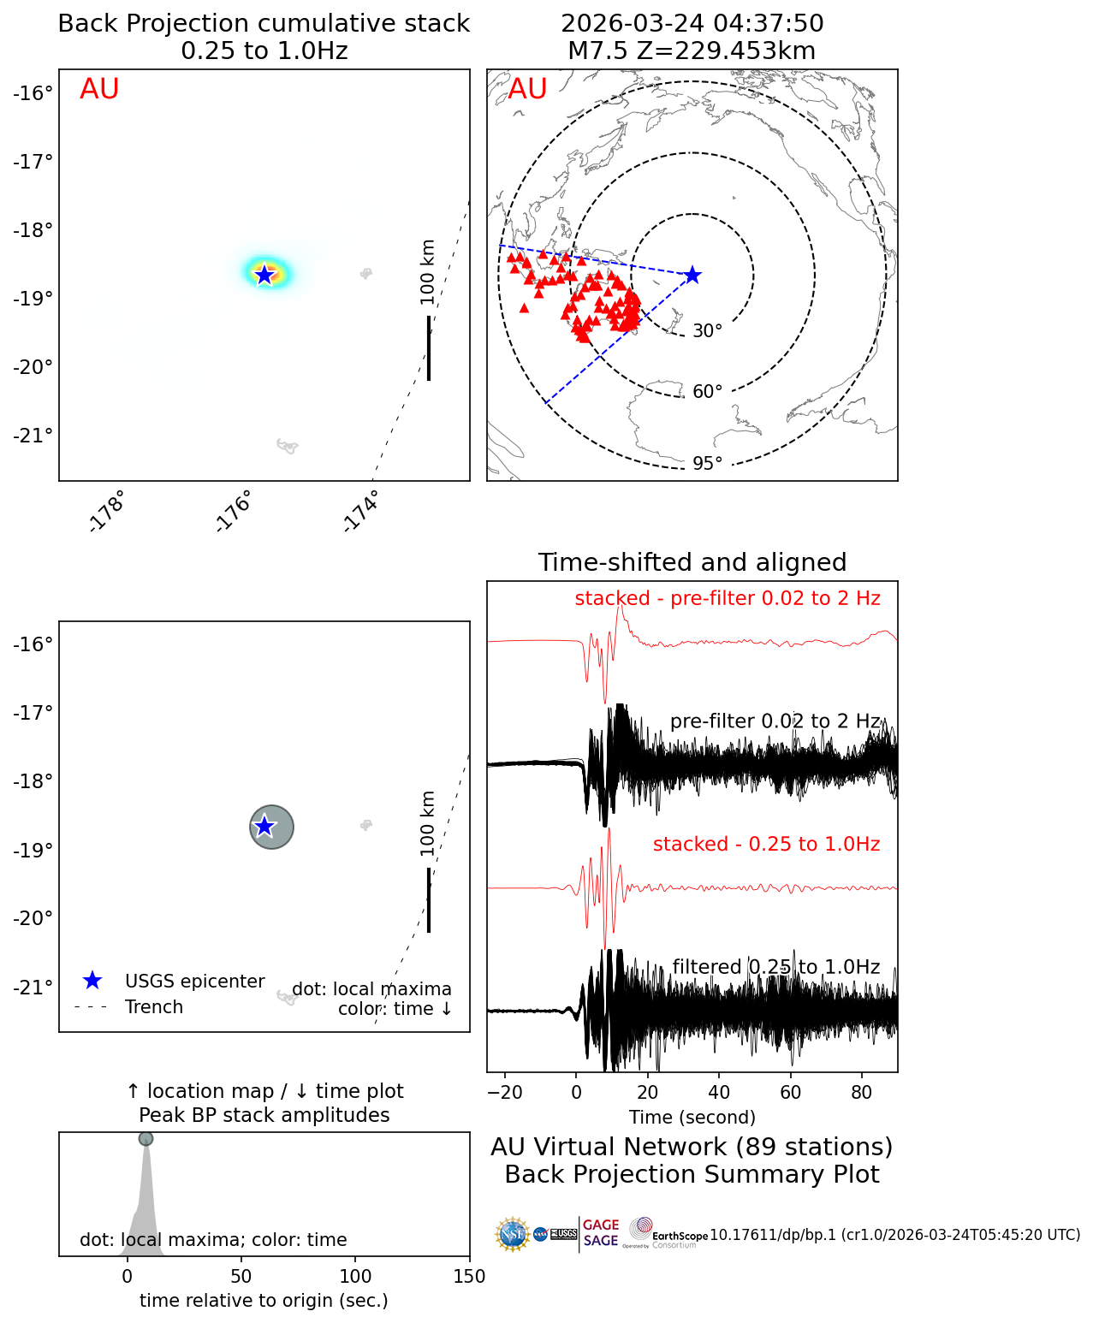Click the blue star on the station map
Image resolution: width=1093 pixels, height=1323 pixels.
(x=692, y=275)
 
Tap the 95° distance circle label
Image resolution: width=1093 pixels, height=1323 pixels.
(x=707, y=464)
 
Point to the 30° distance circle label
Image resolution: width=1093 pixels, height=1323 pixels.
(x=707, y=331)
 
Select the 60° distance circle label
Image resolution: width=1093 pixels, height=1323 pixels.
(x=707, y=392)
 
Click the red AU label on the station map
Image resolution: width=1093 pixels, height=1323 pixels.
(x=527, y=89)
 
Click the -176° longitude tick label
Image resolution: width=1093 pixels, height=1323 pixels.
(x=234, y=512)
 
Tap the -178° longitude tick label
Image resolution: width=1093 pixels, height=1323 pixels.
(x=107, y=512)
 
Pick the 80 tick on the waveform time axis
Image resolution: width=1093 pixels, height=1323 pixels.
(x=862, y=1093)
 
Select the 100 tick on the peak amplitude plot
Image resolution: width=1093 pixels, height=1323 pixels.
(x=355, y=1277)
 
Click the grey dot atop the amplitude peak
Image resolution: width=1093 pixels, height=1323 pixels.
(x=146, y=1138)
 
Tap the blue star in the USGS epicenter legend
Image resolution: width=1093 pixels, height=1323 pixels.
(x=92, y=981)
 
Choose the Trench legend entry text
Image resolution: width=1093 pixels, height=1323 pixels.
(x=154, y=1007)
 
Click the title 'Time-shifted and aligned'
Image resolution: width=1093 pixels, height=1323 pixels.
(x=692, y=562)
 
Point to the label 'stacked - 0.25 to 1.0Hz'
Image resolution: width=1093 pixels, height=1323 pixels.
(x=766, y=845)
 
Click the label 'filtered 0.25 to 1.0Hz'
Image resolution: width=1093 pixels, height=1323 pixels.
(x=775, y=967)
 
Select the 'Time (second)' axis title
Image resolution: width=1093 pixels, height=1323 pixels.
(x=692, y=1117)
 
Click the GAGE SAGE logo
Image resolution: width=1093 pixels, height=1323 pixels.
(x=601, y=1233)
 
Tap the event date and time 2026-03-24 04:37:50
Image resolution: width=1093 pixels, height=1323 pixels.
(x=692, y=23)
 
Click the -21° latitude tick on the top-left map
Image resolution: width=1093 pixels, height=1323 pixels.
(x=33, y=436)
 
